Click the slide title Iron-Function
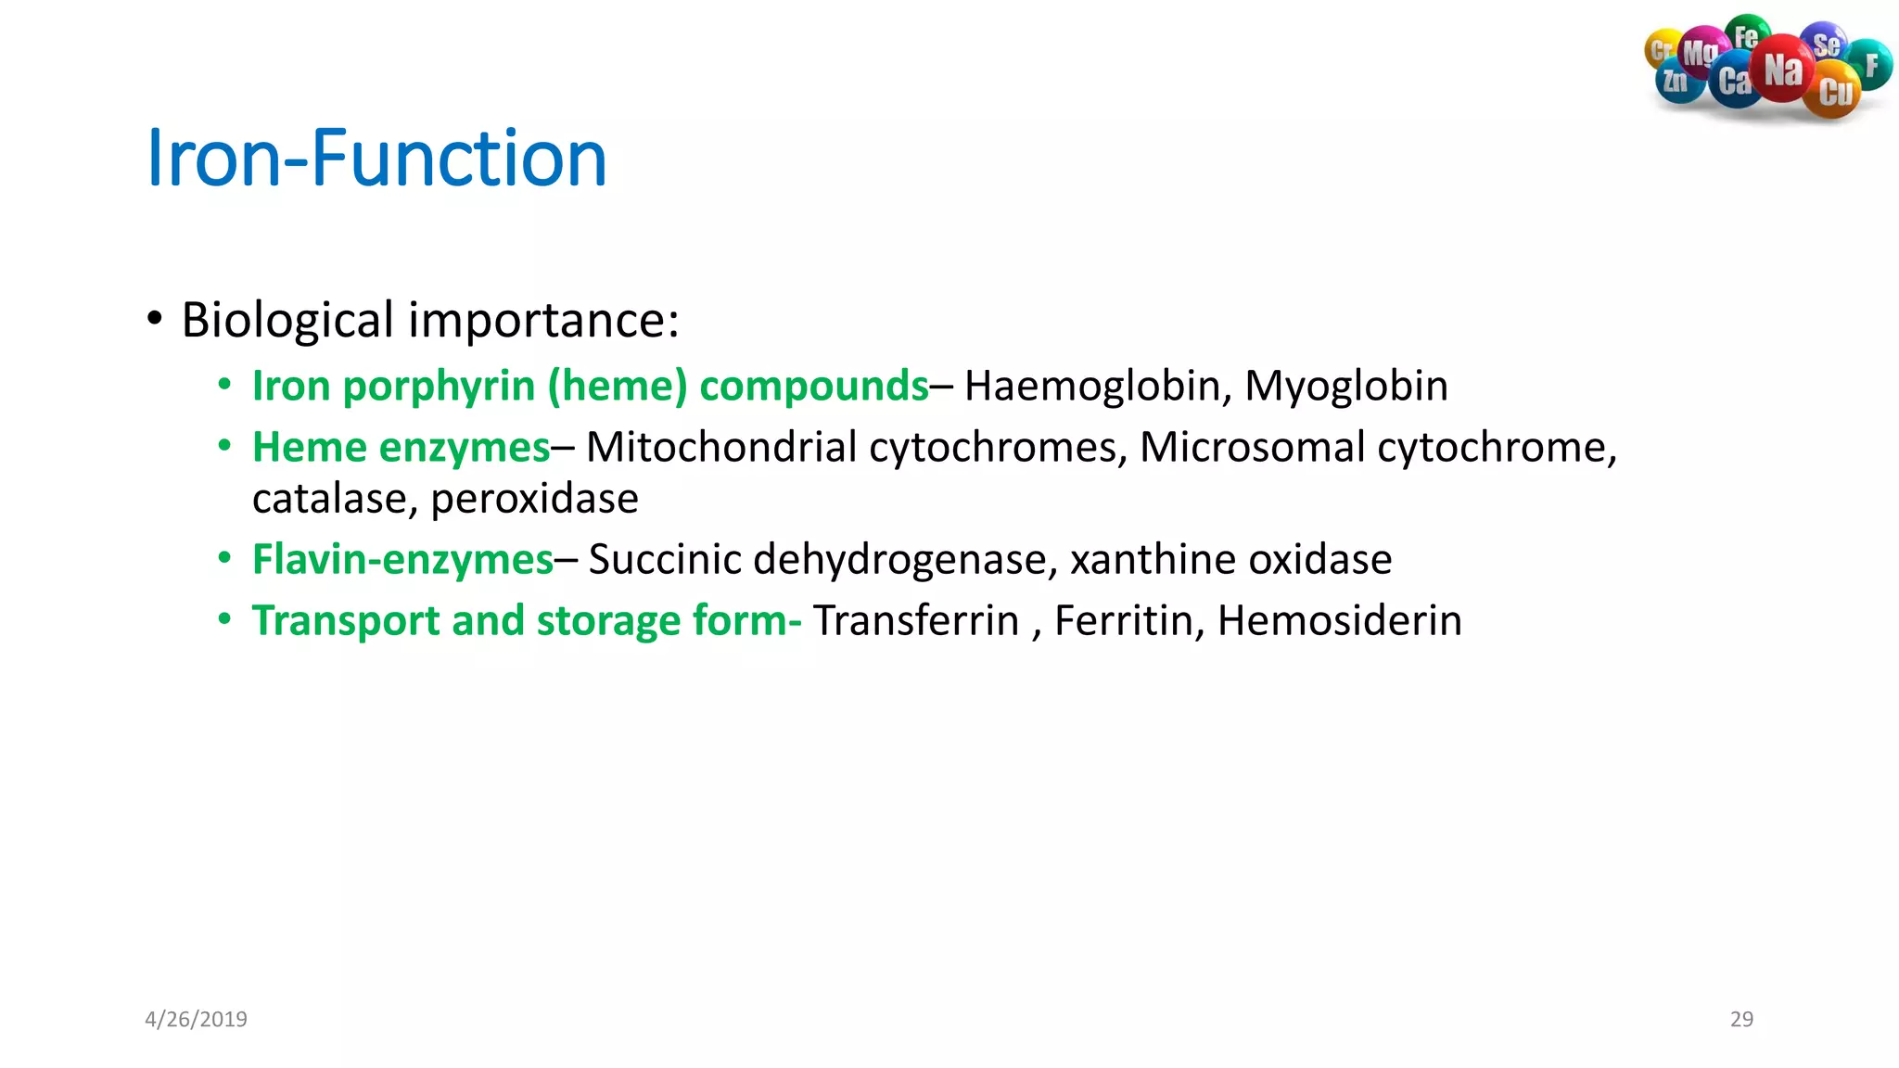(376, 158)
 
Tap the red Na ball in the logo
(1782, 70)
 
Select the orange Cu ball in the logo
(1834, 92)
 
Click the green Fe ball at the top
(1747, 35)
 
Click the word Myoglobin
(1345, 386)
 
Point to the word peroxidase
(534, 499)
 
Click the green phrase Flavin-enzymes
(402, 559)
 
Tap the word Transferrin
(915, 620)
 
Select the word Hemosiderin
(1339, 620)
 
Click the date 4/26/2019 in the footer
(196, 1019)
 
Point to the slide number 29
(1741, 1019)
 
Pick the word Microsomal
(1252, 447)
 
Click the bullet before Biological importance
(155, 320)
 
